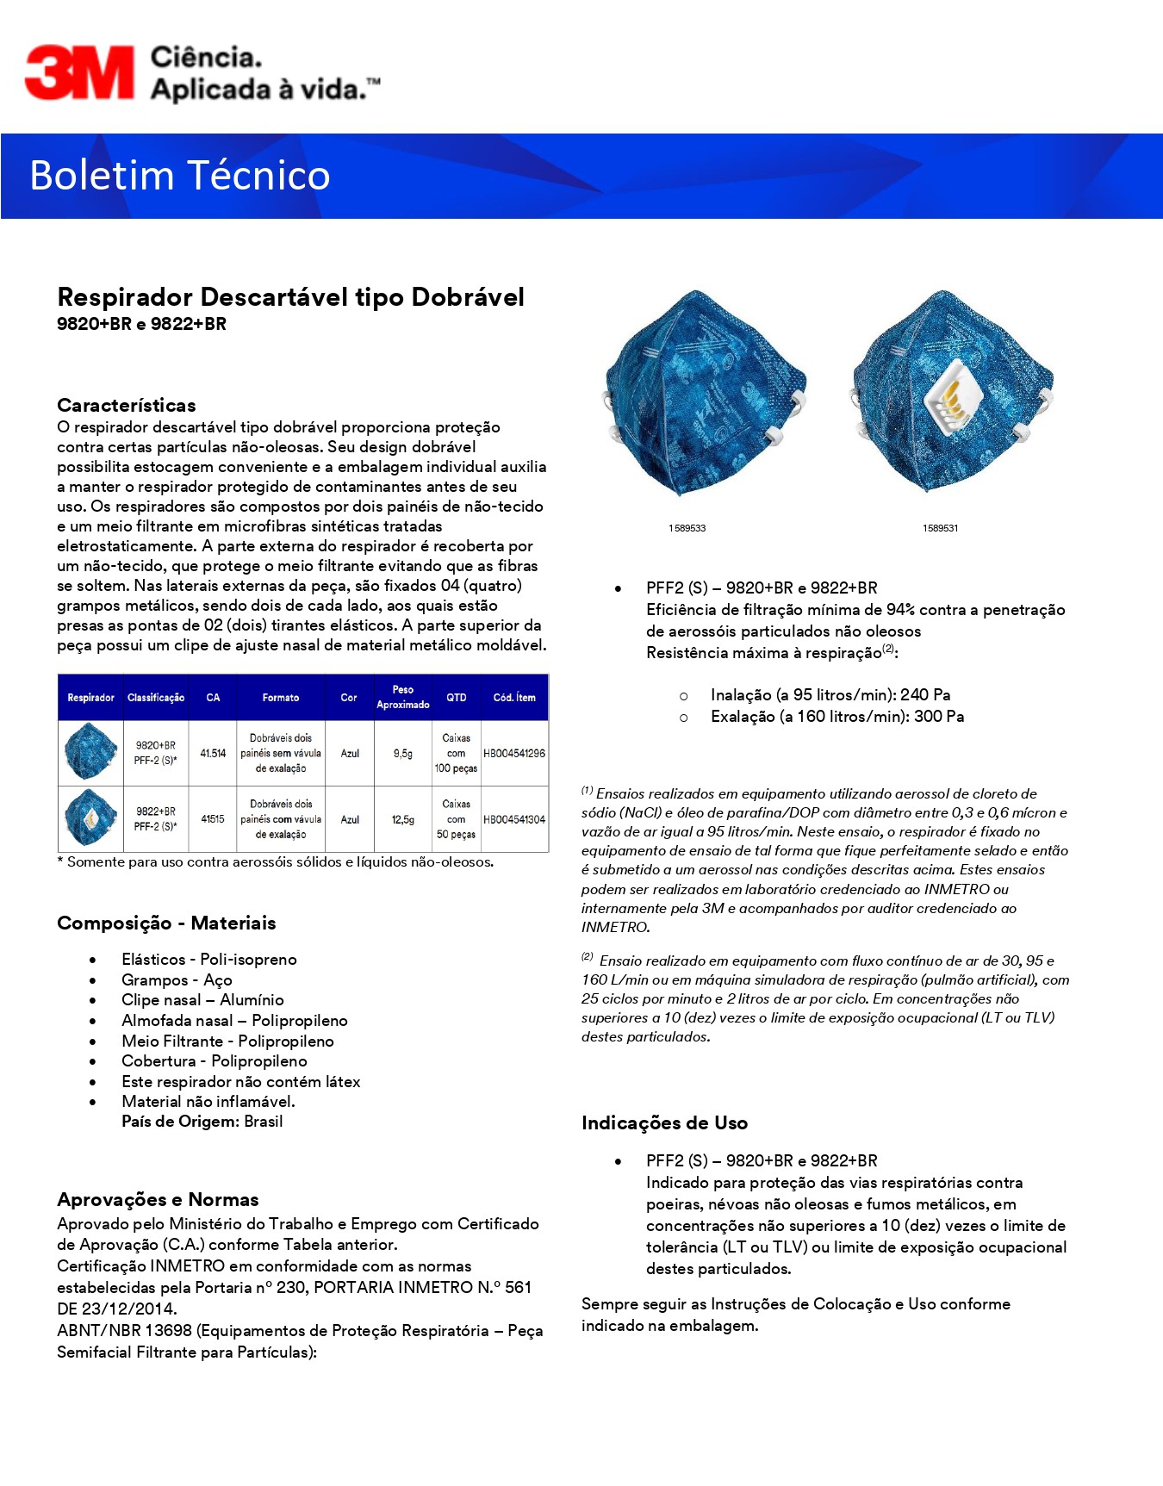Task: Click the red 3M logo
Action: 79,72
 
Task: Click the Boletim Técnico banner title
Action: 180,176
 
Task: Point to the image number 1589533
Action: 687,528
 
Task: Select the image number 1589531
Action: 940,528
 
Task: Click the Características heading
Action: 127,406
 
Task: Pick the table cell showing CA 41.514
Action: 213,754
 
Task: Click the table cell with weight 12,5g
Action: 403,820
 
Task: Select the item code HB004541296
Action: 514,754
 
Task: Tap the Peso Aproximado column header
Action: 403,697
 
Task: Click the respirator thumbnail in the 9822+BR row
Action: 90,818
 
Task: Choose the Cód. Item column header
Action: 514,698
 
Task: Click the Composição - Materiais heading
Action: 166,923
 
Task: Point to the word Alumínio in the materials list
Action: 252,1000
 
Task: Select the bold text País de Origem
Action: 180,1122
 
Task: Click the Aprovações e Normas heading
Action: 158,1200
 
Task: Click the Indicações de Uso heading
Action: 664,1123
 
